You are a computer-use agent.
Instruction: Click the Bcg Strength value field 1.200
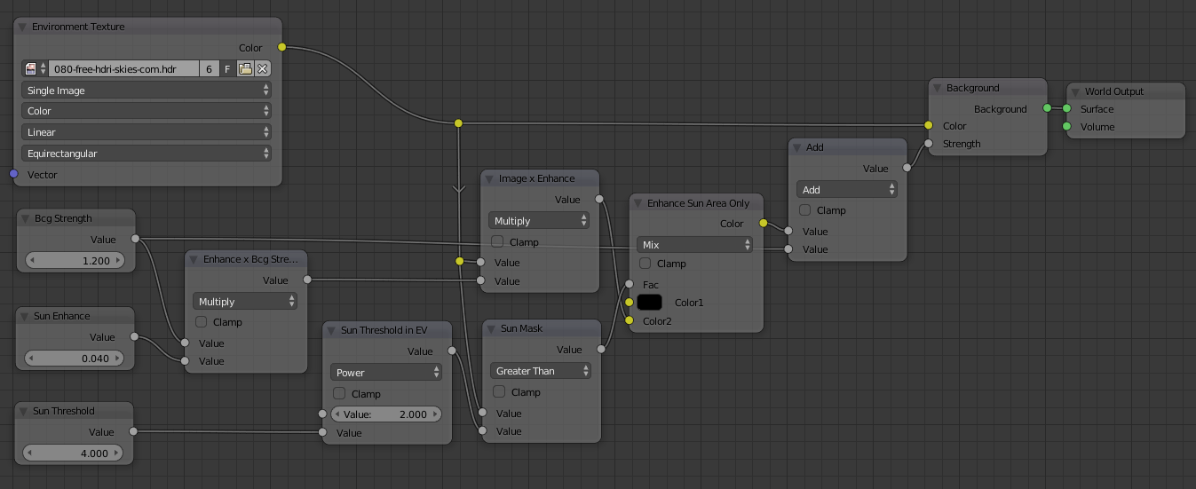(x=76, y=261)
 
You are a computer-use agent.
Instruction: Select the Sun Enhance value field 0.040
(x=76, y=359)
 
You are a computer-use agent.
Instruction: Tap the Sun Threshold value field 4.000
(x=76, y=453)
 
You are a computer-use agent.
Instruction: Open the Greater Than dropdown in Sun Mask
(x=540, y=371)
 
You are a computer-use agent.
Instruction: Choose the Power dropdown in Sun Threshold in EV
(x=386, y=373)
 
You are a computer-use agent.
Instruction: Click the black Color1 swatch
(x=649, y=303)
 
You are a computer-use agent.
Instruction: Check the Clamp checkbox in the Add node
(x=805, y=210)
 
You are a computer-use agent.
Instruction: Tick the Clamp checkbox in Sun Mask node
(x=498, y=391)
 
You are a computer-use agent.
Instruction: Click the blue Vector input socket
(x=13, y=174)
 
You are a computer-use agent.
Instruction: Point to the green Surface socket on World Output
(x=1066, y=109)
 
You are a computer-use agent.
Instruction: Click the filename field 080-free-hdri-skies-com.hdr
(x=123, y=68)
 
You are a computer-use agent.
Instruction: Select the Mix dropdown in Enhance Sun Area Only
(x=694, y=244)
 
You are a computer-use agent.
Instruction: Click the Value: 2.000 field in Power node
(x=386, y=414)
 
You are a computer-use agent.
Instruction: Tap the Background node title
(x=972, y=88)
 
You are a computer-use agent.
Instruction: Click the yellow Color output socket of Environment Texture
(x=282, y=47)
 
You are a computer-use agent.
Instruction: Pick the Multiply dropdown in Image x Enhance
(x=539, y=220)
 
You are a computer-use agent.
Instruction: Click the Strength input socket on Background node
(x=928, y=143)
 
